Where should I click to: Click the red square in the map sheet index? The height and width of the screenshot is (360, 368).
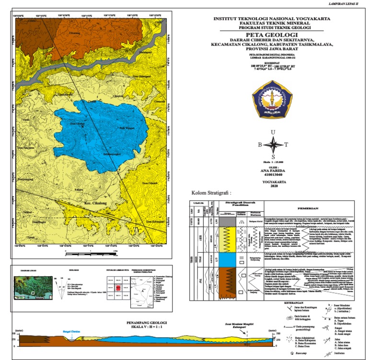[116, 288]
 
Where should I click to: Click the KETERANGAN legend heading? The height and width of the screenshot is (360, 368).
[201, 303]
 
